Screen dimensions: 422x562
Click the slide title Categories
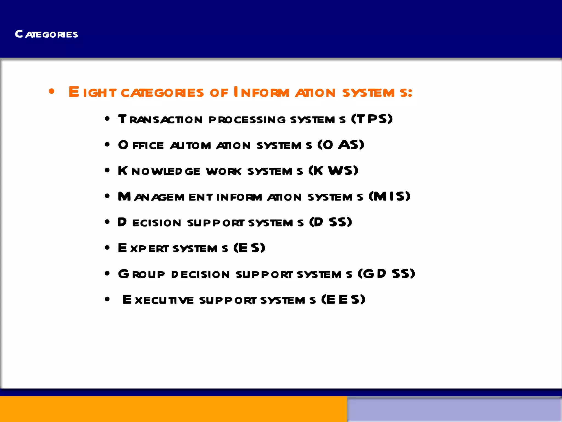coord(46,34)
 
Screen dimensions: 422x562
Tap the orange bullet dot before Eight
coord(51,91)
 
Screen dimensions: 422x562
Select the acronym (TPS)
coord(372,119)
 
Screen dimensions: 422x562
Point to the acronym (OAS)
coord(341,145)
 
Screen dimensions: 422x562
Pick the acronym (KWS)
coord(333,171)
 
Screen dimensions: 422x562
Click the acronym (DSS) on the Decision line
coord(330,222)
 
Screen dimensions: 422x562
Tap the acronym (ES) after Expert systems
coord(249,248)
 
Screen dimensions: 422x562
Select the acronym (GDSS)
coord(386,274)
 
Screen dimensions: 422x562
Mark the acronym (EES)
coord(343,299)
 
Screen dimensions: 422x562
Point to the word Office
coord(141,145)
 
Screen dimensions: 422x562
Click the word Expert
coord(143,248)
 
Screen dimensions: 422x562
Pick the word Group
coord(141,274)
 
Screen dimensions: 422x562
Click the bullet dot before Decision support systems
coord(107,222)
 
